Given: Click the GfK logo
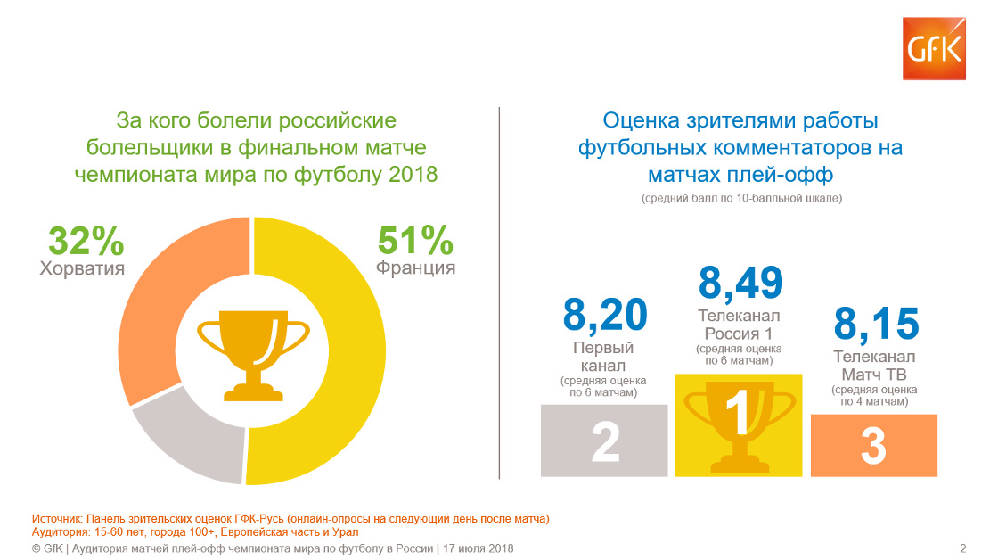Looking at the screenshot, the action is (934, 49).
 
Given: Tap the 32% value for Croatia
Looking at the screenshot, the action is (86, 241).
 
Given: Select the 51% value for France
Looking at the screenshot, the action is (415, 240).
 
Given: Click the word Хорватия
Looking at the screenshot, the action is (82, 268).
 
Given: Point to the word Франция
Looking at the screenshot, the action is (415, 268).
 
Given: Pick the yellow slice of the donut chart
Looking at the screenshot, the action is (356, 350).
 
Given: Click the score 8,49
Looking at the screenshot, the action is (740, 283).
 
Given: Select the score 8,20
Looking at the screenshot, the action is (605, 315).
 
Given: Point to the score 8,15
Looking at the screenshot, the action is (877, 323).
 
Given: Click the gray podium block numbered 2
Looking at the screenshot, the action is (604, 441).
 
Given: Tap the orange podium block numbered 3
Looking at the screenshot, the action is (874, 445).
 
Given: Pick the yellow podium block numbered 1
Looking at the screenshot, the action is (739, 425).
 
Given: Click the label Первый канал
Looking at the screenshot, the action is (603, 357).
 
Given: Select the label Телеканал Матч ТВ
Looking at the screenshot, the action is (874, 366).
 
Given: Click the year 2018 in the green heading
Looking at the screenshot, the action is (413, 175).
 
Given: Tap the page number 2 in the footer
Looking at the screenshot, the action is (963, 548).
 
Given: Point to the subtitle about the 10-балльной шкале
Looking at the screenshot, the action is (741, 198).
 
